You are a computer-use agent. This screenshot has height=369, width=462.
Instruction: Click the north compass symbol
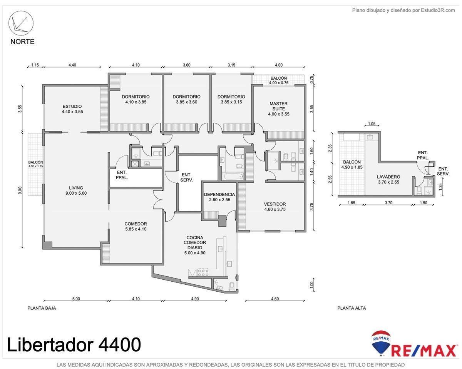click(21, 23)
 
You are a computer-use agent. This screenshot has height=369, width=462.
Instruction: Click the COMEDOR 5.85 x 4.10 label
click(136, 226)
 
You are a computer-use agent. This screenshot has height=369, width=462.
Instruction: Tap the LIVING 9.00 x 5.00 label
click(76, 190)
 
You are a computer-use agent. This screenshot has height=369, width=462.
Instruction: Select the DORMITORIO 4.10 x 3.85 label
click(136, 99)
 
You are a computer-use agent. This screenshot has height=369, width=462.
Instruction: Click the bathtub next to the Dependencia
click(233, 177)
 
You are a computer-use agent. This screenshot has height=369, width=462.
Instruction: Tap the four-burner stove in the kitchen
click(203, 272)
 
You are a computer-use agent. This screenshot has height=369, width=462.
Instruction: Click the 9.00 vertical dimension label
click(20, 190)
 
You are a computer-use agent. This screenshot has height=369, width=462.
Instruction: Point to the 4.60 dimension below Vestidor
click(275, 299)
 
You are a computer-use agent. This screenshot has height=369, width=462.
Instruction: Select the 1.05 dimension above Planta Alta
click(372, 124)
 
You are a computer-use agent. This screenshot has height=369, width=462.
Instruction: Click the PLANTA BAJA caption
click(42, 308)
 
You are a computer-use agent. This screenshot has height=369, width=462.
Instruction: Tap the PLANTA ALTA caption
click(352, 308)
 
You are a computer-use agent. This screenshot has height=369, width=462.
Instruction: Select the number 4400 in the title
click(120, 344)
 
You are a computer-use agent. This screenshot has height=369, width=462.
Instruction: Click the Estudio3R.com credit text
click(438, 10)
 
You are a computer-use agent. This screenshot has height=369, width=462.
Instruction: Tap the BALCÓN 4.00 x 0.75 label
click(279, 80)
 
